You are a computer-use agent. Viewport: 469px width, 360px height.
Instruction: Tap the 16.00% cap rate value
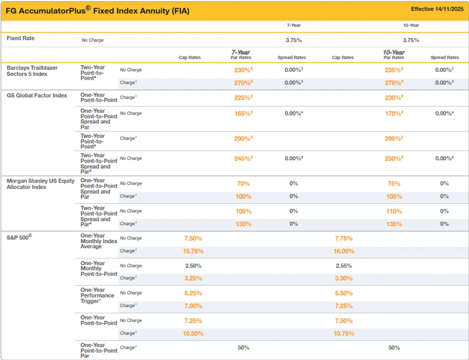click(344, 251)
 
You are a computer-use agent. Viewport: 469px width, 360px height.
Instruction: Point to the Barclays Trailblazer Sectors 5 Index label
click(32, 71)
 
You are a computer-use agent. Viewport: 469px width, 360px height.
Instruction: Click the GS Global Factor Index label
click(37, 96)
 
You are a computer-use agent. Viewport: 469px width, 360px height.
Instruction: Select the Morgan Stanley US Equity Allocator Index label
click(40, 184)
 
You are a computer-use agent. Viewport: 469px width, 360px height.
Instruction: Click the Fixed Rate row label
click(21, 38)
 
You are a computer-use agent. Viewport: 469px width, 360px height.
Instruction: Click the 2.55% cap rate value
click(344, 266)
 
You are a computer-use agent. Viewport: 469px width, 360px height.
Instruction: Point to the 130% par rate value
click(243, 224)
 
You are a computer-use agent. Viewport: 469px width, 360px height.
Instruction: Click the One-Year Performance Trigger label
click(97, 296)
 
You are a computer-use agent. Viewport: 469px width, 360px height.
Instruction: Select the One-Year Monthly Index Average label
click(98, 241)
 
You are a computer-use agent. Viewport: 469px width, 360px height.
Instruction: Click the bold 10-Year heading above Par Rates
click(394, 52)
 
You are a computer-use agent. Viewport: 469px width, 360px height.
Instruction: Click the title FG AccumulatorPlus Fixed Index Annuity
click(97, 11)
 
